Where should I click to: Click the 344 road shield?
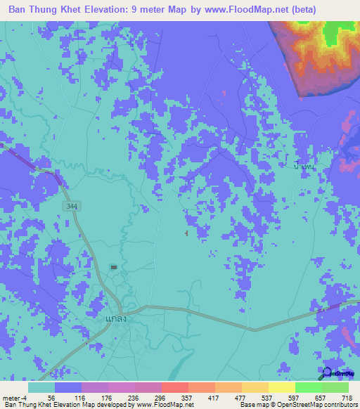70,206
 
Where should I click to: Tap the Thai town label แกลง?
115,318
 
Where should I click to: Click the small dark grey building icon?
114,267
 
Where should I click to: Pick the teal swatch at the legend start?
41,387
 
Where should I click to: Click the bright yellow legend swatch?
282,387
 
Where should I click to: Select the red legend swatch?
175,387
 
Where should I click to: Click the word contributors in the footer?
337,405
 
